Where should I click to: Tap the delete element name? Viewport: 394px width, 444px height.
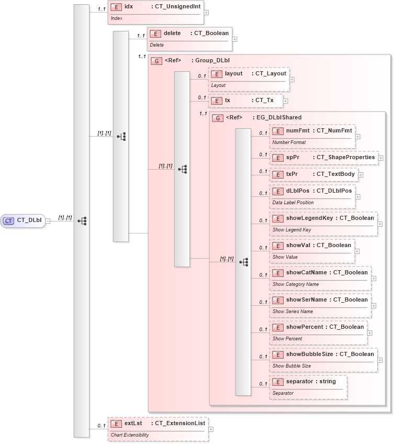172,34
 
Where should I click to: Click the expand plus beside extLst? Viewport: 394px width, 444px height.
210,429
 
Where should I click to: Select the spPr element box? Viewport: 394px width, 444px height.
323,158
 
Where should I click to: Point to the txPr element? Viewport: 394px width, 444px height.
313,174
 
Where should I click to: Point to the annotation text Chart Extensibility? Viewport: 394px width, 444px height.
129,435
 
